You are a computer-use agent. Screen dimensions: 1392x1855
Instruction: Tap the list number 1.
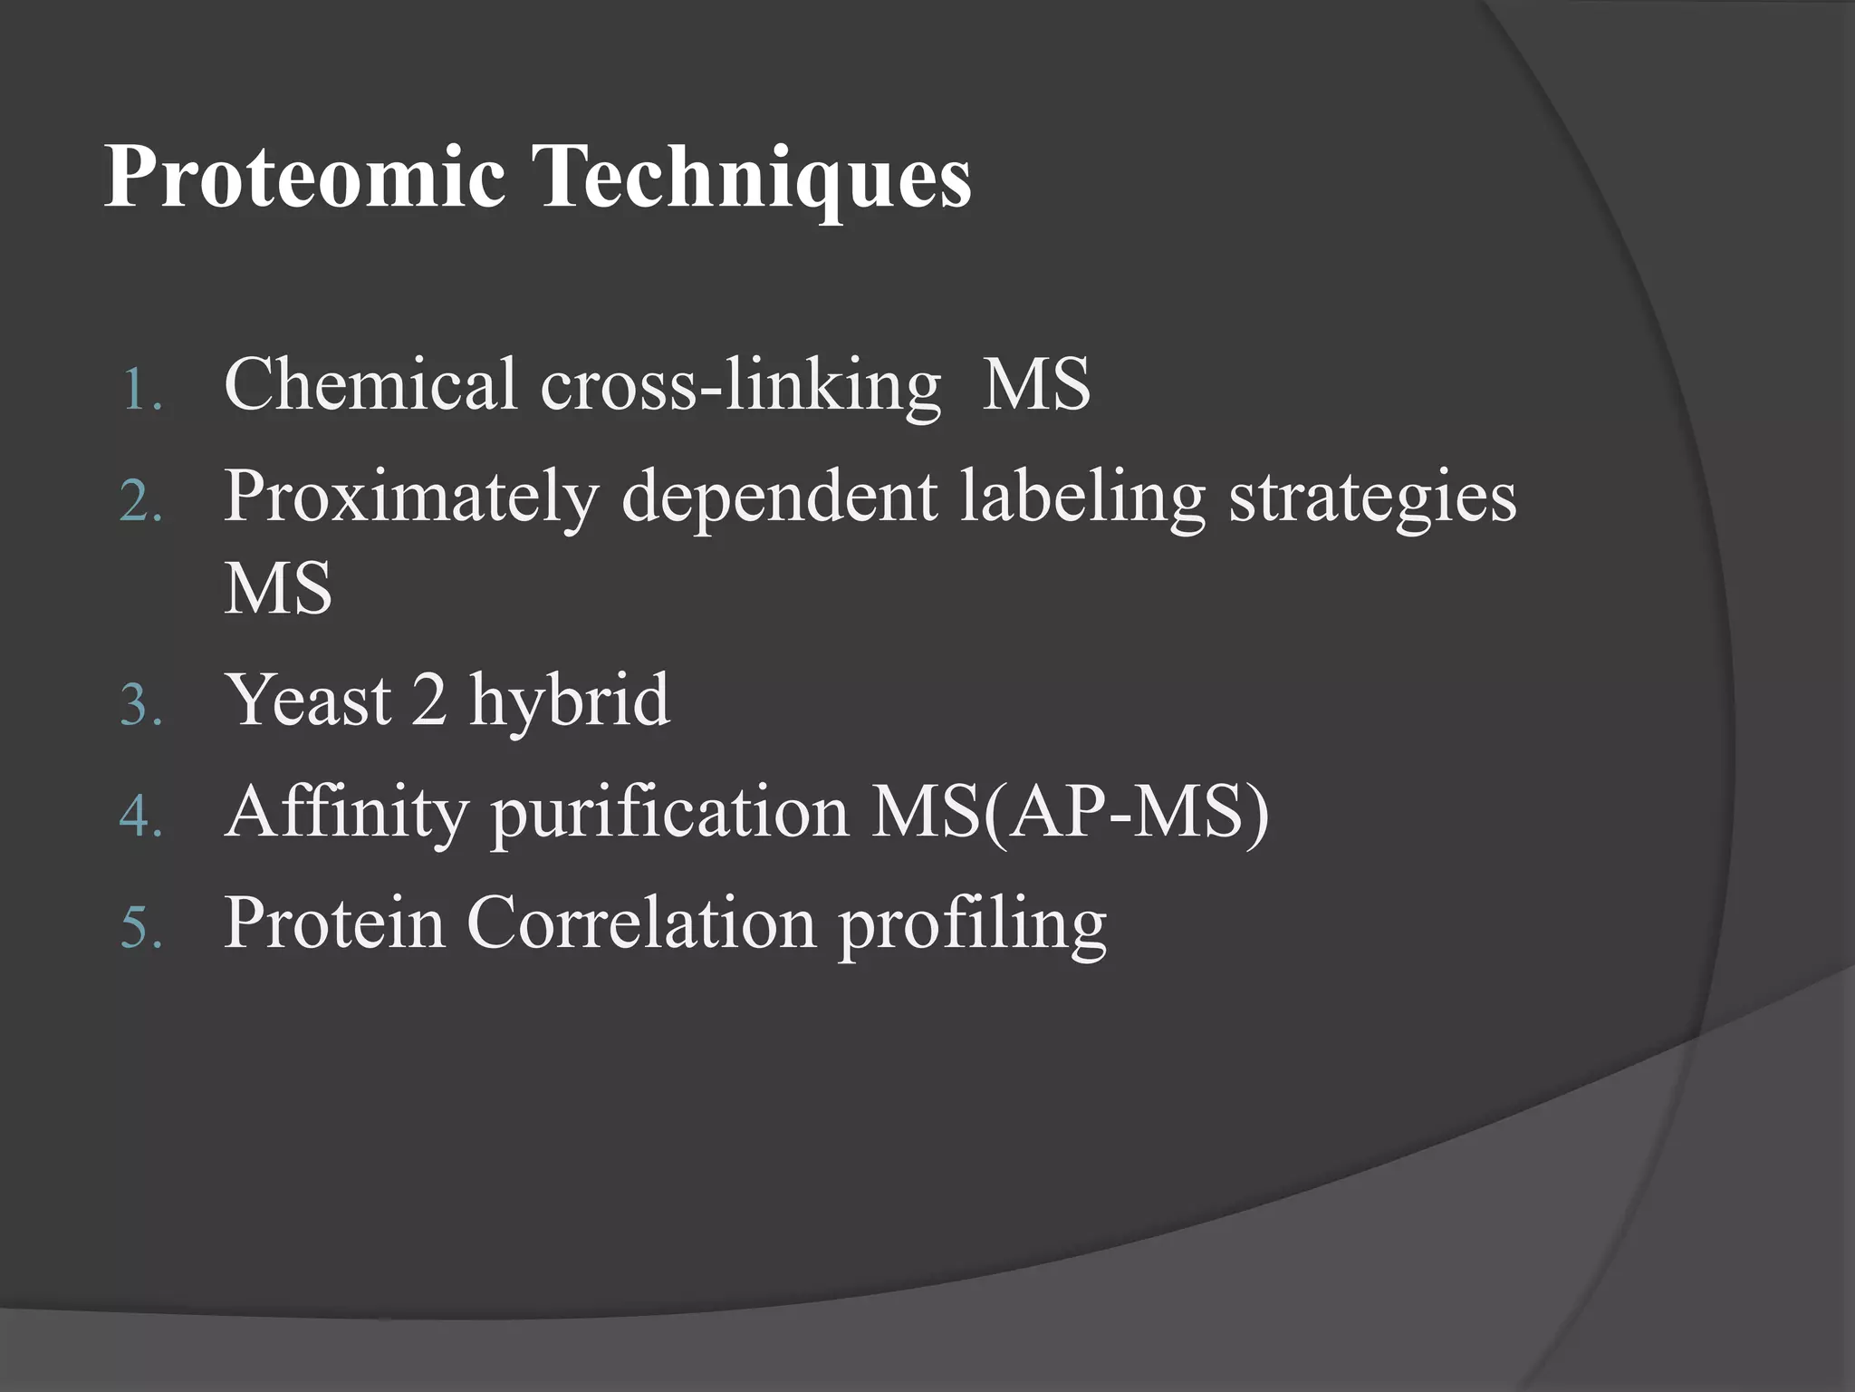point(140,391)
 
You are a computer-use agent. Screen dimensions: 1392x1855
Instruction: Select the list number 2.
point(140,503)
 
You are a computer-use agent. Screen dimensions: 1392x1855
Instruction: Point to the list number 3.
point(140,706)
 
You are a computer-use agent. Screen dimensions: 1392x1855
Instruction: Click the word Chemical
point(370,384)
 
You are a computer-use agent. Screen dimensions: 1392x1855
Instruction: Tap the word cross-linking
point(741,386)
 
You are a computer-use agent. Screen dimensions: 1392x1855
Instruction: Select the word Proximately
point(411,498)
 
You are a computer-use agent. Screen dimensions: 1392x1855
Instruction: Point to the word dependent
point(779,498)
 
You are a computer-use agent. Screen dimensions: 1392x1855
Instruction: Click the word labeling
point(1082,498)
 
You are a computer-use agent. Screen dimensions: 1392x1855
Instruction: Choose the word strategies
point(1372,498)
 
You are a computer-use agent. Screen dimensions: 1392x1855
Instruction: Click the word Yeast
point(309,700)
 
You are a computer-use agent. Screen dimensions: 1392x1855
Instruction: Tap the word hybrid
point(569,700)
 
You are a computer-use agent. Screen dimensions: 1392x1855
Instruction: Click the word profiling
point(972,924)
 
